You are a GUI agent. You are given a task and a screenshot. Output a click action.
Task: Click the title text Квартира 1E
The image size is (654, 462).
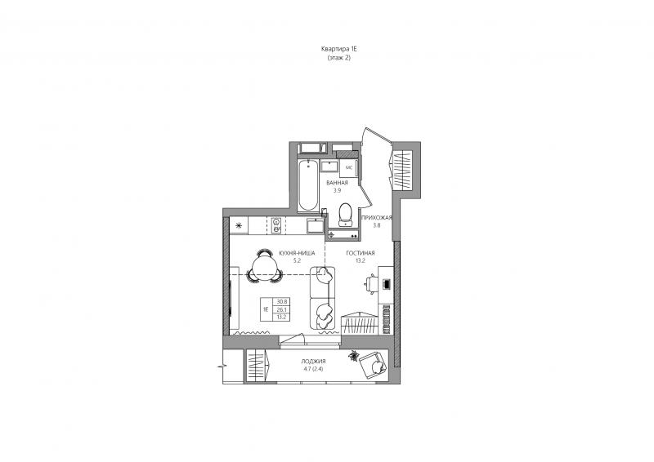pos(339,49)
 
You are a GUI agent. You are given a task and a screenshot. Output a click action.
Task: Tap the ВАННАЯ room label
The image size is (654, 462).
pos(337,183)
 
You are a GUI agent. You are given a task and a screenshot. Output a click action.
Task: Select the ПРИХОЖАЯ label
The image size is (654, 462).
pos(377,218)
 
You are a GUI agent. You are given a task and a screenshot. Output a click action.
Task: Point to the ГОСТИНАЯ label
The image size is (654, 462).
pos(361,253)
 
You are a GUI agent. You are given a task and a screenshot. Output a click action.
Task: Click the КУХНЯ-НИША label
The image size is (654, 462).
pos(297,253)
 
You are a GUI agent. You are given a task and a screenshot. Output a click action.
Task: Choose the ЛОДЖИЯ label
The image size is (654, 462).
pos(313,362)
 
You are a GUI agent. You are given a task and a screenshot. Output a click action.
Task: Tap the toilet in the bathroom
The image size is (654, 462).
pos(345,214)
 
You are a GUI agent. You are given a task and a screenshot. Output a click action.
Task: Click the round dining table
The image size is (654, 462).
pos(264,267)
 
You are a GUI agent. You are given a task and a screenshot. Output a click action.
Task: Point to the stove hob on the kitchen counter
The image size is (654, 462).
pos(276,225)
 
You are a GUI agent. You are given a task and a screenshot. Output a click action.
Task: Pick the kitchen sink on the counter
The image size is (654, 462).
pos(315,225)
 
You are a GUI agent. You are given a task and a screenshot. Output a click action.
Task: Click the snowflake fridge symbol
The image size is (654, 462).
pos(239,226)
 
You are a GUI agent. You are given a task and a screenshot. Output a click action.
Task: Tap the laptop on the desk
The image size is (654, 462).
pos(386,284)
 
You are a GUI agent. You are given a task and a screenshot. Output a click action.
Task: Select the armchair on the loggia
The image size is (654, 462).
pos(374,366)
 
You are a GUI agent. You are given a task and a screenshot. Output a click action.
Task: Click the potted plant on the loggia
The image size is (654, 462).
pos(354,356)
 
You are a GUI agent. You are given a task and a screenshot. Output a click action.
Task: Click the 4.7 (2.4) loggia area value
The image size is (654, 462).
pos(313,369)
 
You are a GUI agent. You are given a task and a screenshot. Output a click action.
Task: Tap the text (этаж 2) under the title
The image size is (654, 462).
pos(339,58)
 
